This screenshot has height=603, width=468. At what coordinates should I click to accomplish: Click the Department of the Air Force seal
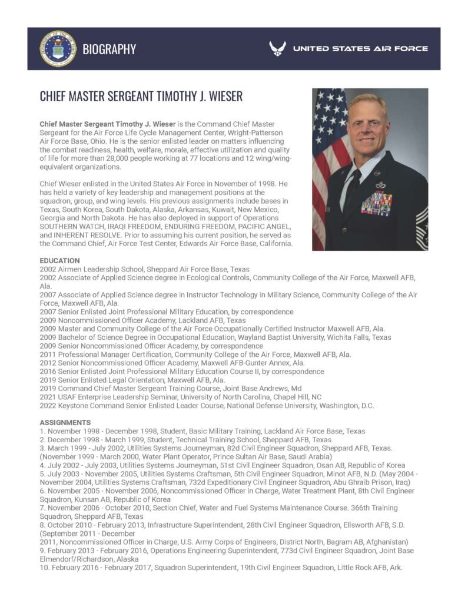click(58, 49)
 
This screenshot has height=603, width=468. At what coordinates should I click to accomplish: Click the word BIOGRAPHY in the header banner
click(109, 49)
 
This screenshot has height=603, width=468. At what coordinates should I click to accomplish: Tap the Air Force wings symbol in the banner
click(278, 49)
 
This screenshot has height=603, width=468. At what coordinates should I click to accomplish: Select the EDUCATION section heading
click(59, 260)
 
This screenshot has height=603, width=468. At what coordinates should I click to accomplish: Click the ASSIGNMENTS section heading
click(65, 422)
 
